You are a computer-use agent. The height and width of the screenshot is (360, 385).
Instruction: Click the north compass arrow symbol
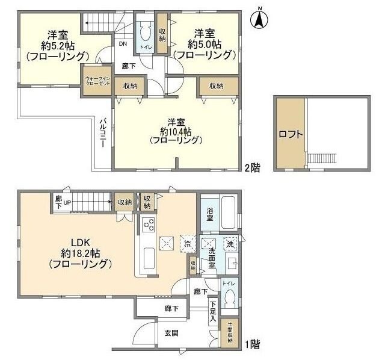(259, 18)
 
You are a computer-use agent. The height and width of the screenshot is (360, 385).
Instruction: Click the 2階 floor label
(252, 169)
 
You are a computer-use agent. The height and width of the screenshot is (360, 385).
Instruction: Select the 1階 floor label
(252, 345)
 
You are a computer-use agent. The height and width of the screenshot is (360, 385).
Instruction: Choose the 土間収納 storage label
(229, 333)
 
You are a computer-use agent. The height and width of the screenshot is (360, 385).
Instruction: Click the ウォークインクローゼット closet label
(96, 81)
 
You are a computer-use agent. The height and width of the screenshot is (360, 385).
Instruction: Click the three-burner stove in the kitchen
(148, 225)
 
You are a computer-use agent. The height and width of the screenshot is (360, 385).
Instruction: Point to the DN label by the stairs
(122, 44)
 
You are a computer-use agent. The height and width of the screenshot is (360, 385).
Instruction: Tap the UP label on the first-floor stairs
(67, 202)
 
